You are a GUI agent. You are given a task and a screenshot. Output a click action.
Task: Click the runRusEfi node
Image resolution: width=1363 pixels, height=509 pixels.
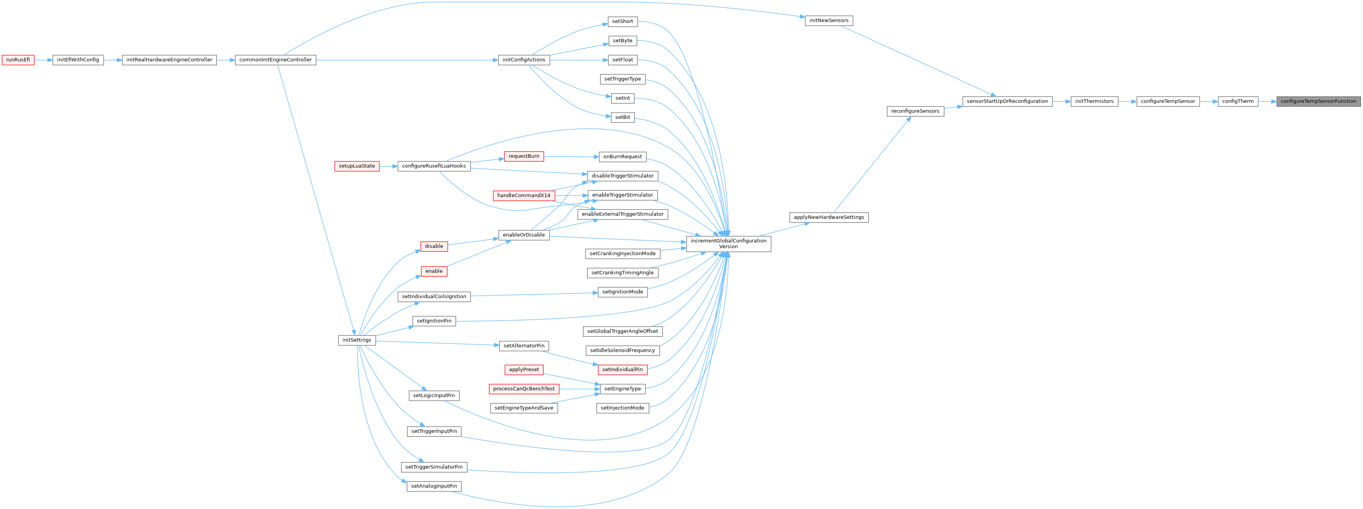tap(18, 60)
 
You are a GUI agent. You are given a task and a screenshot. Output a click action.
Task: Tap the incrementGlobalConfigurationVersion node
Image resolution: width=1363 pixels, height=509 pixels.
tap(728, 243)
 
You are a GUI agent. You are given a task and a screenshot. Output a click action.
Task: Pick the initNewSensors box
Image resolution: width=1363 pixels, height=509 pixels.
tap(829, 21)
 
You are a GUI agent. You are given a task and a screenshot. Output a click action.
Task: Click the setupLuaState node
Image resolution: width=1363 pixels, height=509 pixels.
tap(357, 166)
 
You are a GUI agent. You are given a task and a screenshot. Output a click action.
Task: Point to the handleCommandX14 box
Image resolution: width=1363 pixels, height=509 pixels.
tap(523, 195)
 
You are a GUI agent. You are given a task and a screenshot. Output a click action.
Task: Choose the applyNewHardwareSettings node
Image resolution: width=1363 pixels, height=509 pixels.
tap(829, 218)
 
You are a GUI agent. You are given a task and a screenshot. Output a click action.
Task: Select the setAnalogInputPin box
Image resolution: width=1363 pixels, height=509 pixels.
tap(434, 486)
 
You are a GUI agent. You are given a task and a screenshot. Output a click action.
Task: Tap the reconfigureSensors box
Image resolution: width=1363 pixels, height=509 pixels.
tap(915, 111)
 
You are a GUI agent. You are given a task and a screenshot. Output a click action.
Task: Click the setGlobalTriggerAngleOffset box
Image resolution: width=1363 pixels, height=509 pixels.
tap(622, 331)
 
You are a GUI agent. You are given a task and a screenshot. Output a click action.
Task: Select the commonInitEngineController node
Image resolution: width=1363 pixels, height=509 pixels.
tap(275, 60)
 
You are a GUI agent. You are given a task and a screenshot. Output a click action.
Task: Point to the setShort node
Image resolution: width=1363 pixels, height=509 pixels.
tap(622, 22)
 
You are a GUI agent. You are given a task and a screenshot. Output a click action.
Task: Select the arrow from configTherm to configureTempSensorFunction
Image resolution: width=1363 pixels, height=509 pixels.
tap(1267, 101)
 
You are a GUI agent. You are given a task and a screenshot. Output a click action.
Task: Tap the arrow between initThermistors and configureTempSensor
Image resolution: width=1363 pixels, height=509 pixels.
tap(1127, 101)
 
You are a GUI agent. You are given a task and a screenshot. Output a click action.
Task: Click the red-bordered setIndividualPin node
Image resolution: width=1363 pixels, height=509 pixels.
tap(622, 370)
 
